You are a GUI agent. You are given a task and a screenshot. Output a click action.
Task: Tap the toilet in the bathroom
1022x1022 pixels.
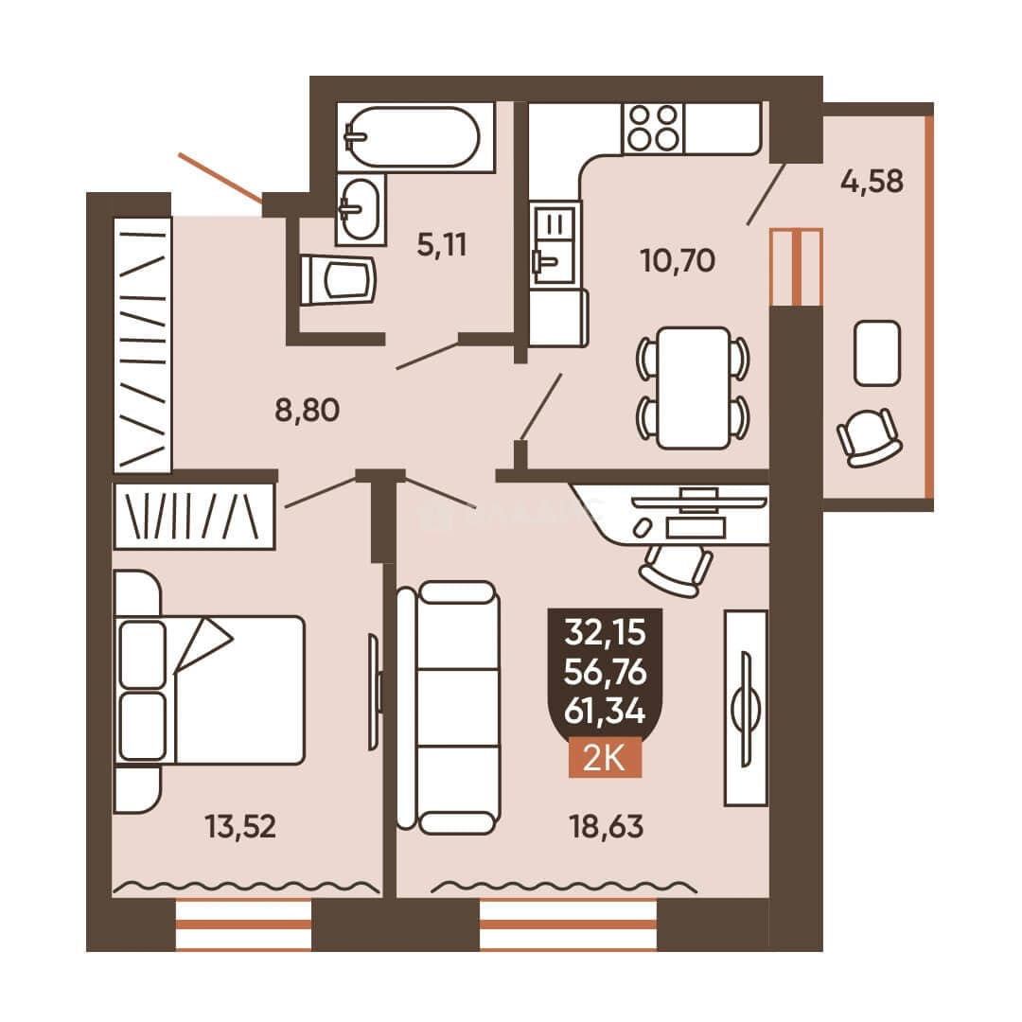tap(338, 280)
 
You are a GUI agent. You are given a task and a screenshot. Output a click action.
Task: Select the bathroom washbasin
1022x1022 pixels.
tap(361, 209)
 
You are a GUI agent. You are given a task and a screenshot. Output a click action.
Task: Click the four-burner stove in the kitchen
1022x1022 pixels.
tap(654, 129)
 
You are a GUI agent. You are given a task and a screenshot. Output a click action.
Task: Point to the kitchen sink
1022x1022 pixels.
tap(555, 244)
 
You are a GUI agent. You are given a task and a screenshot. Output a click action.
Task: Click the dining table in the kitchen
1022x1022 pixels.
tap(693, 388)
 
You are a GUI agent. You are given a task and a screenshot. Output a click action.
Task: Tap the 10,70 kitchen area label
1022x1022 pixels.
tap(678, 261)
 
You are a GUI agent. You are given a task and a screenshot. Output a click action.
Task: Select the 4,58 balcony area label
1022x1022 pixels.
tap(872, 181)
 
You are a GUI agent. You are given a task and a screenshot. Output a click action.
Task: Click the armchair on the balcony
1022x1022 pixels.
tap(869, 437)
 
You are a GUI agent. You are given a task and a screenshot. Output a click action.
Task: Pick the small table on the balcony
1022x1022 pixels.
tap(877, 353)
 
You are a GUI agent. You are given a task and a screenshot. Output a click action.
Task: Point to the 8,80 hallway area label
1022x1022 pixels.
tap(307, 411)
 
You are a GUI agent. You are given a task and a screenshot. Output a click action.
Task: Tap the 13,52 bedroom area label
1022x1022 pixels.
tap(240, 826)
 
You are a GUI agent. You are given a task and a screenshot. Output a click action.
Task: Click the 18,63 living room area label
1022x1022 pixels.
tap(607, 826)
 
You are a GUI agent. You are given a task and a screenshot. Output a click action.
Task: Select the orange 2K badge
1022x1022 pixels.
tap(605, 759)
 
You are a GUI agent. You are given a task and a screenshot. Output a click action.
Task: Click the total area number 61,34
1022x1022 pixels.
tap(605, 711)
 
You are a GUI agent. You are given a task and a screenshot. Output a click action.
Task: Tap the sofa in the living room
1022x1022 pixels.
tap(449, 708)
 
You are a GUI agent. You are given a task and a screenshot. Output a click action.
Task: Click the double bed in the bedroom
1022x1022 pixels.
tap(209, 690)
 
